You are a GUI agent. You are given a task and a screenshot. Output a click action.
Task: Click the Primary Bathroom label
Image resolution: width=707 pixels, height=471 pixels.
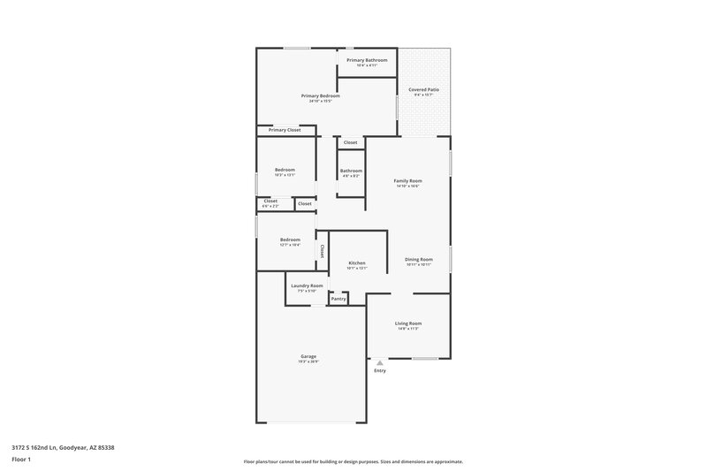[x=367, y=60]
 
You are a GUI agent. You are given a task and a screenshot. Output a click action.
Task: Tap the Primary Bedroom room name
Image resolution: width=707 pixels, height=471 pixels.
[x=320, y=95]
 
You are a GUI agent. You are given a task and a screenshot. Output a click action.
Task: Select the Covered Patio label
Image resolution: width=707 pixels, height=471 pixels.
[x=423, y=90]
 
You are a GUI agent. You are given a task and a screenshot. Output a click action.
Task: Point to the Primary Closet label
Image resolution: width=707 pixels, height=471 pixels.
[x=285, y=130]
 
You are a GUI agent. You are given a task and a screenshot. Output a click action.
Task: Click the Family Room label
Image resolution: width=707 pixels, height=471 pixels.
[x=407, y=180]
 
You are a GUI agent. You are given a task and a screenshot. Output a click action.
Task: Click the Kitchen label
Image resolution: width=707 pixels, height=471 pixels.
[x=357, y=262]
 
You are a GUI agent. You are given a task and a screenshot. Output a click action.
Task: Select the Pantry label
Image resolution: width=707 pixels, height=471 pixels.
[x=338, y=299]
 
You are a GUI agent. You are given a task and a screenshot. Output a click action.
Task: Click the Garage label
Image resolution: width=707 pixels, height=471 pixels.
[x=308, y=356]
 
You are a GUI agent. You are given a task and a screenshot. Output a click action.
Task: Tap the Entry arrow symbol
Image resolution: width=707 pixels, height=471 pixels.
[x=380, y=362]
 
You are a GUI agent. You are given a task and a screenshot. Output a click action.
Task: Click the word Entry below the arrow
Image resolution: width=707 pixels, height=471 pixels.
[x=380, y=370]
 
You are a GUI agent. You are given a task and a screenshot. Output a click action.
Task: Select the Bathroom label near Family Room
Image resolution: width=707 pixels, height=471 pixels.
[x=351, y=170]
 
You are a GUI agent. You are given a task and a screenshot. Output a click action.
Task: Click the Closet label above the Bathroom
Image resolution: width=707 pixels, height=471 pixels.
[x=351, y=142]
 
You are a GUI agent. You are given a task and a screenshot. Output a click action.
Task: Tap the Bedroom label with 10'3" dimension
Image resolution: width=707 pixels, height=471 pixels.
[x=285, y=170]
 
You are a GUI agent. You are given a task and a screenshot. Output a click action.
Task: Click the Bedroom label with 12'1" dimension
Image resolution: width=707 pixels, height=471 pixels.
[x=290, y=239]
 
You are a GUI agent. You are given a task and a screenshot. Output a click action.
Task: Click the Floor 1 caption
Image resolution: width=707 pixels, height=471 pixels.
[x=21, y=460]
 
